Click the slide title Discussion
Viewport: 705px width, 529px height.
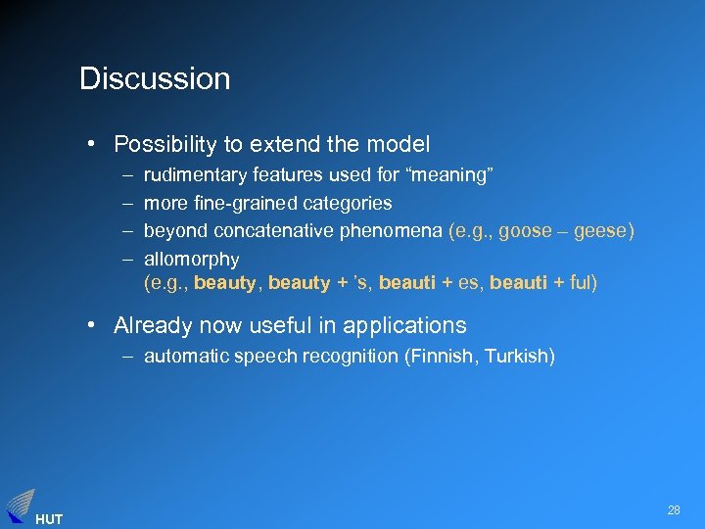tap(155, 78)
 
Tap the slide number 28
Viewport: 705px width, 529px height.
tap(674, 510)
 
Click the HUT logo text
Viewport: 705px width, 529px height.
tap(48, 519)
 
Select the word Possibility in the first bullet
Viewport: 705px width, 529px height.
tap(165, 145)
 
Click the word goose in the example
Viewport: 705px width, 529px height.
tap(525, 231)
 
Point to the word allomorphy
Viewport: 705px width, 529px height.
tap(191, 259)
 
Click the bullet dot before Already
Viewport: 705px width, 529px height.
tap(90, 325)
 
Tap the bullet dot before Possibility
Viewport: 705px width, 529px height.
tap(90, 145)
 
